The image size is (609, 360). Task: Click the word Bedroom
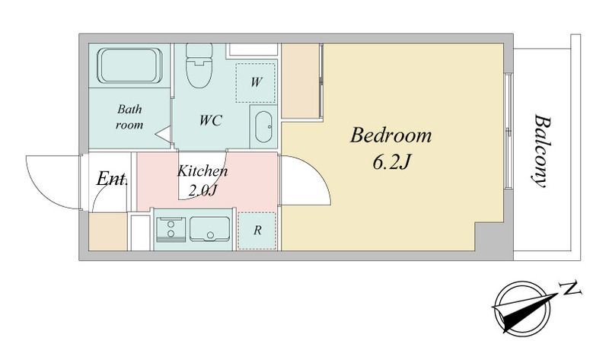pyautogui.click(x=391, y=136)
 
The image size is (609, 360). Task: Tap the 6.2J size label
pyautogui.click(x=391, y=163)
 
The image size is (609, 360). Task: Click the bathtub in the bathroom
pyautogui.click(x=129, y=65)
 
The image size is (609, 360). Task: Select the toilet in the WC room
pyautogui.click(x=199, y=65)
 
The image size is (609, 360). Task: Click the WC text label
pyautogui.click(x=211, y=120)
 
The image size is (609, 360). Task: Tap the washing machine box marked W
pyautogui.click(x=256, y=82)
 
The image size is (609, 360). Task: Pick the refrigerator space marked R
pyautogui.click(x=257, y=231)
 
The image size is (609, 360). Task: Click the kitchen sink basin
pyautogui.click(x=210, y=229)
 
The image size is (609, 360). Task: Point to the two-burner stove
pyautogui.click(x=171, y=229)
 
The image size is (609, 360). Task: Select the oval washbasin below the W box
pyautogui.click(x=263, y=127)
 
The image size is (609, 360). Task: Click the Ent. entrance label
pyautogui.click(x=112, y=179)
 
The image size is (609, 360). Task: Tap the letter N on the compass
pyautogui.click(x=569, y=289)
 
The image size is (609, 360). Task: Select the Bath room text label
pyautogui.click(x=129, y=117)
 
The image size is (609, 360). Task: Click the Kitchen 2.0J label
pyautogui.click(x=202, y=180)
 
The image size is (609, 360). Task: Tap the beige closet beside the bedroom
pyautogui.click(x=300, y=81)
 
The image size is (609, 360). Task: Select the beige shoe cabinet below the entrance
pyautogui.click(x=108, y=231)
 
